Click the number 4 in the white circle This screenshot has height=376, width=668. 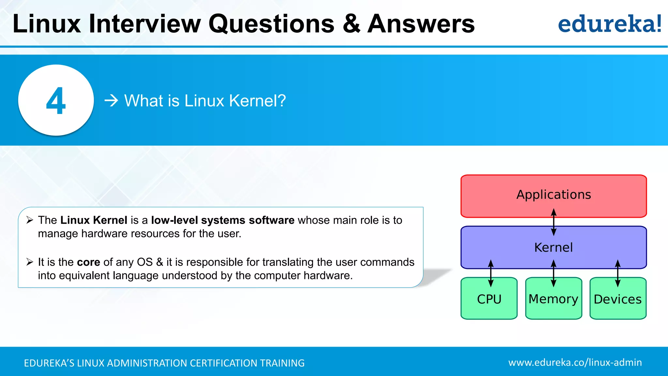pos(56,101)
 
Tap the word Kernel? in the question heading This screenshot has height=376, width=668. pos(257,101)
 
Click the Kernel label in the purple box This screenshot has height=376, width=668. pos(554,247)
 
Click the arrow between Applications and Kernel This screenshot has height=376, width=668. pos(554,222)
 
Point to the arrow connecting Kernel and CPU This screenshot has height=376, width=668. pos(491,273)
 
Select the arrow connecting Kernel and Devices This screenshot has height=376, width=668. pos(617,273)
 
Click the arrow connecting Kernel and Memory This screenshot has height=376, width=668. pos(554,273)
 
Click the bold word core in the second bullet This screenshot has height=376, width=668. pos(88,262)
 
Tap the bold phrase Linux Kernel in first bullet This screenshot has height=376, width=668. pos(94,220)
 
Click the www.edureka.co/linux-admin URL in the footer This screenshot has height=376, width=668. pos(575,362)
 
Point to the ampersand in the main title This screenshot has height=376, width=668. pos(351,23)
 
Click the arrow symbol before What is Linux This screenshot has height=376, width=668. pos(111,101)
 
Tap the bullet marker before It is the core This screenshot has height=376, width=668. pos(30,262)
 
